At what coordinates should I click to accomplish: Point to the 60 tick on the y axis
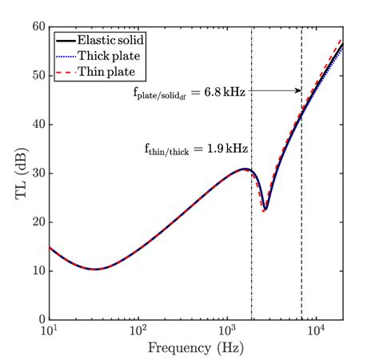coord(38,26)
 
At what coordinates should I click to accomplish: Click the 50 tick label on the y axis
coord(38,75)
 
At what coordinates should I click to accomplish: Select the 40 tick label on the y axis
coord(38,124)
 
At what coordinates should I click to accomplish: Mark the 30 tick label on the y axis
coord(38,173)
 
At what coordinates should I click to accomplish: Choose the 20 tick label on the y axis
coord(38,222)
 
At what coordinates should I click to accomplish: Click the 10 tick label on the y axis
coord(38,270)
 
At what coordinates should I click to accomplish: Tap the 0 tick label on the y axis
coord(41,319)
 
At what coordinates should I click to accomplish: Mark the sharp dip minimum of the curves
coord(265,210)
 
